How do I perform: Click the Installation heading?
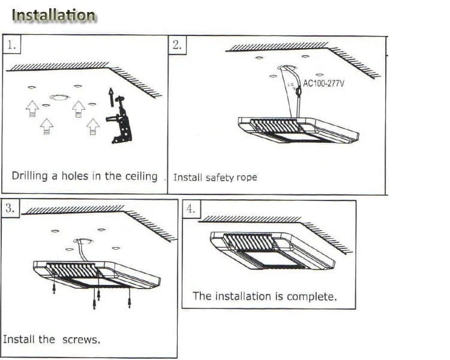tap(53, 15)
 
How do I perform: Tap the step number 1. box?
tap(11, 44)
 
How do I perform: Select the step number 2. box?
tap(177, 45)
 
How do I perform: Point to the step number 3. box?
tap(10, 208)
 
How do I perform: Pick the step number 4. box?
tap(191, 209)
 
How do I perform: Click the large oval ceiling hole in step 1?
tap(59, 97)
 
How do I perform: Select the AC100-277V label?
tap(323, 83)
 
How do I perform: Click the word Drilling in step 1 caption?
tap(29, 176)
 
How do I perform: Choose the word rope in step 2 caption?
tap(246, 178)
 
